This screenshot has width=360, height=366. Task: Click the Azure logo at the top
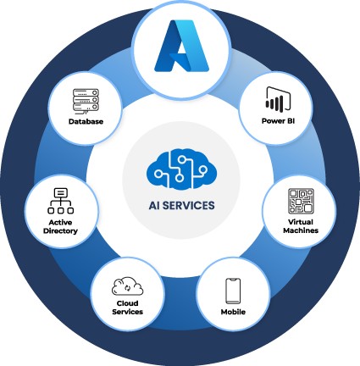coord(182,46)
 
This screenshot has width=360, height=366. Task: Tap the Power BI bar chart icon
coord(278,100)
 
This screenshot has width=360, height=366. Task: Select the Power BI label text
coord(278,121)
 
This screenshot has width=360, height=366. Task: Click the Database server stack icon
coord(86,101)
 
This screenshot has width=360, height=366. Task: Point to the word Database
coord(86,121)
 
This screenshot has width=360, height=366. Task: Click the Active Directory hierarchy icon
coord(61,201)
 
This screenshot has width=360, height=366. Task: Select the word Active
coord(60,222)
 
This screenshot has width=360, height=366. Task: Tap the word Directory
coord(60,230)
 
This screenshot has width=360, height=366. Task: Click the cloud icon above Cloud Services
coord(127,286)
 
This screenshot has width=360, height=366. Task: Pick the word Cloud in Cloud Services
coord(127,303)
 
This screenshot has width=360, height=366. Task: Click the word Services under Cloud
coord(127,312)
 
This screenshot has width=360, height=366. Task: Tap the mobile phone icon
coord(233,291)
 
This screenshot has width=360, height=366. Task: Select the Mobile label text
coord(233,312)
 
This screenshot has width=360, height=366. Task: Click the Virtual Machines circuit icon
coord(301,201)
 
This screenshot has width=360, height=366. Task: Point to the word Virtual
coord(301,222)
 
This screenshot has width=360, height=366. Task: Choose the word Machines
coord(301,230)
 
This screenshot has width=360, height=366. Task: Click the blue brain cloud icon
coord(181,169)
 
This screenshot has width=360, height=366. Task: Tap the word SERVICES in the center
coord(189,205)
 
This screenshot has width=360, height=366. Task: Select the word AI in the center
coord(154,205)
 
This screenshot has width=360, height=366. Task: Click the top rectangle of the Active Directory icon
coord(61,192)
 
